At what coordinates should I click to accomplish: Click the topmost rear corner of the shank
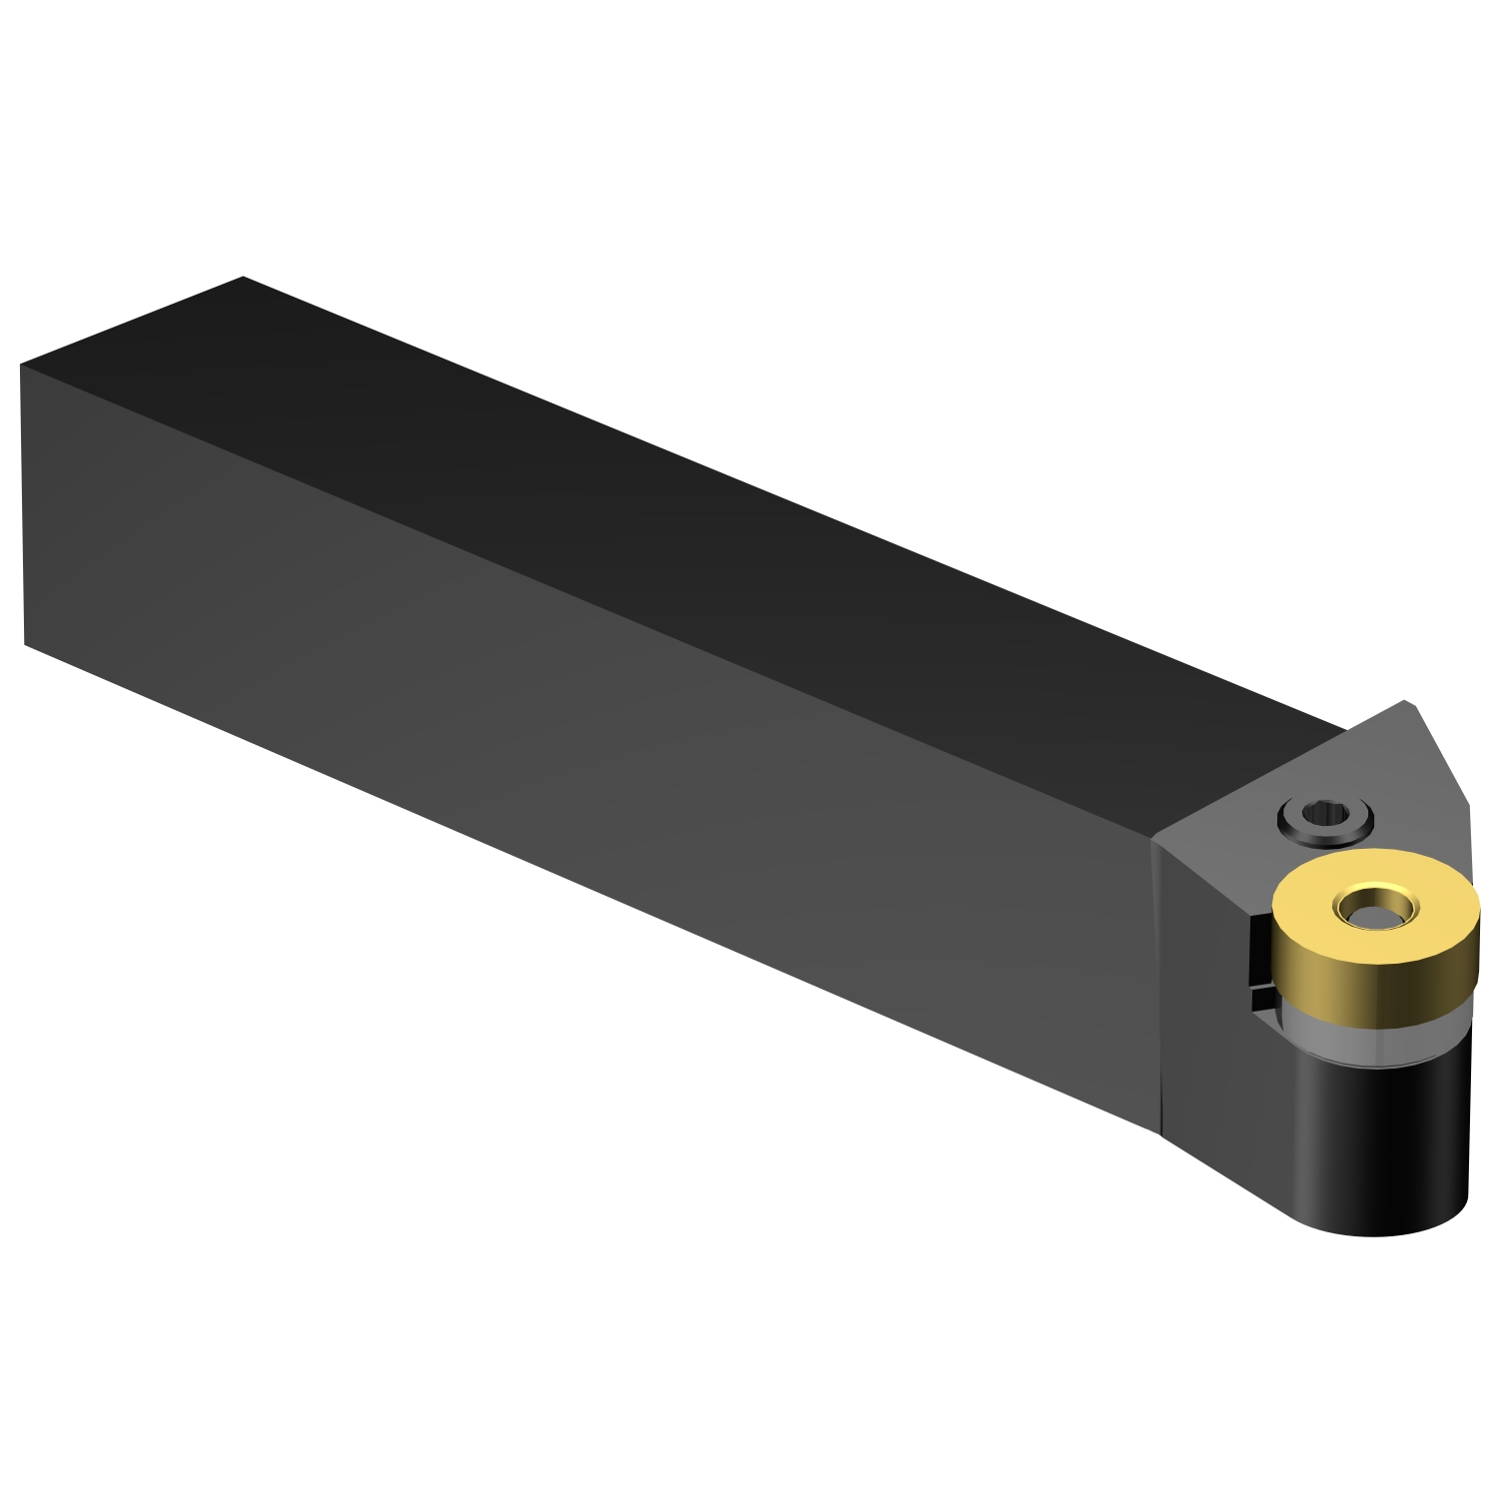243,277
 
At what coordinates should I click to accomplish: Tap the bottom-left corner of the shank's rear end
24,644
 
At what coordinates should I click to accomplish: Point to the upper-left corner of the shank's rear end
20,365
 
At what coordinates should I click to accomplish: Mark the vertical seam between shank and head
1156,989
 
